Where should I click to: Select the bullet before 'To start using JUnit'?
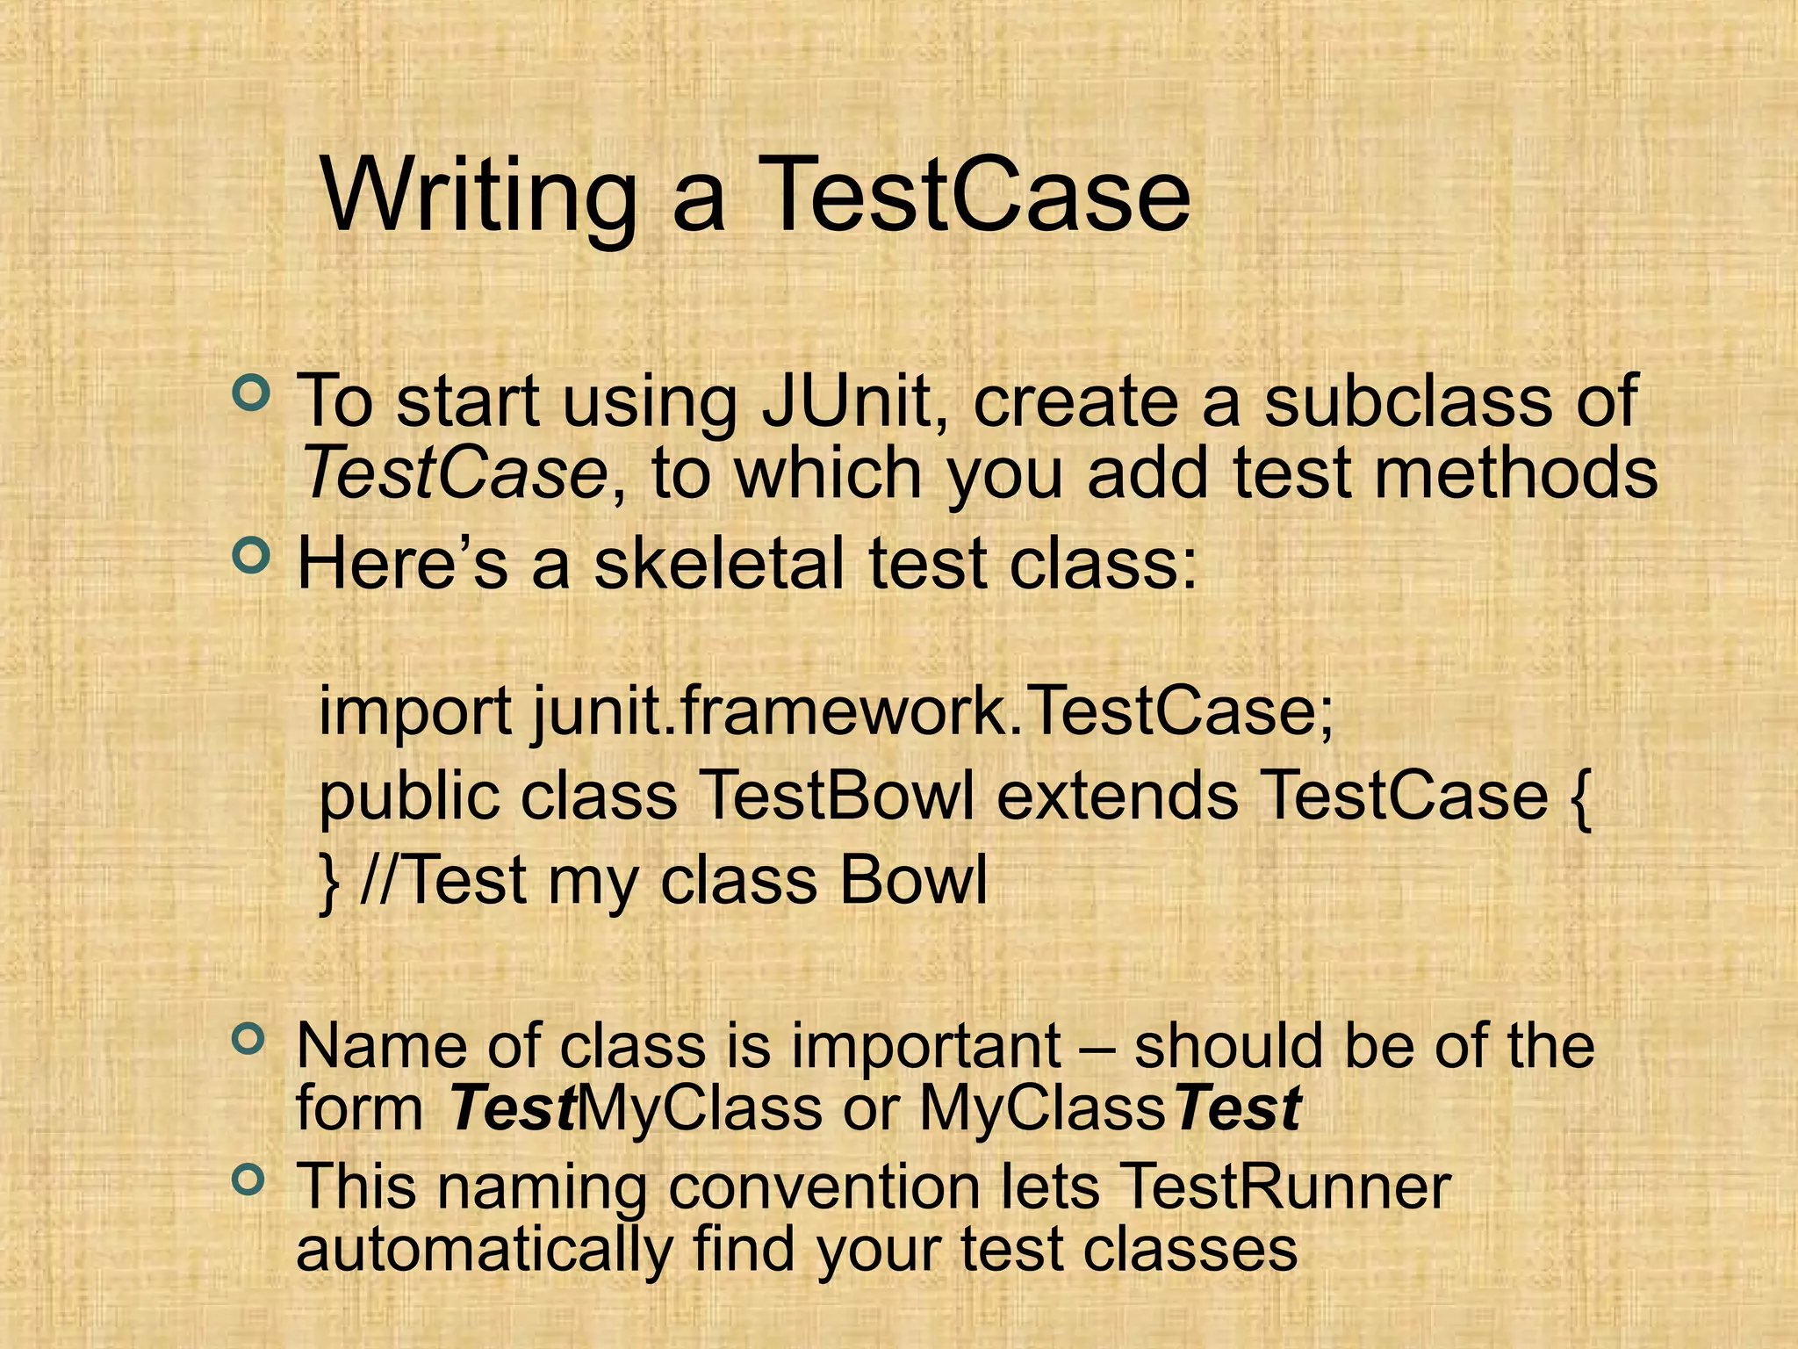point(250,392)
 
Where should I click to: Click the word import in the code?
point(414,711)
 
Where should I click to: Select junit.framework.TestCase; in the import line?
point(932,711)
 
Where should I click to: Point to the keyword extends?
point(1117,796)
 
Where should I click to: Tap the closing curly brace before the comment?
point(329,882)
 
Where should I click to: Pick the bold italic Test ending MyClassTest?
point(1238,1109)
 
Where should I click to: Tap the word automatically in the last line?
point(484,1250)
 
